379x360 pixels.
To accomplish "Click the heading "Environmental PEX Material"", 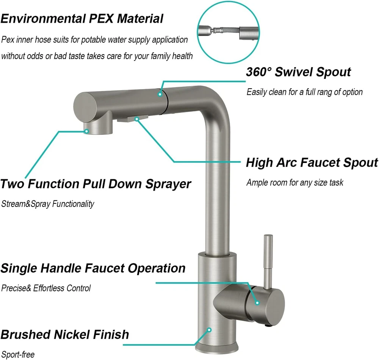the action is (82, 19).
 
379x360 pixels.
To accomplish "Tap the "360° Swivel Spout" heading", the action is (298, 72).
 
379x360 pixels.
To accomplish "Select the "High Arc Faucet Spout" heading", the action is (312, 162).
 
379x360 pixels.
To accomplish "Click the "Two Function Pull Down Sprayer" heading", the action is (96, 184).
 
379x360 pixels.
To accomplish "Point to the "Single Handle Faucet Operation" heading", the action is (93, 268).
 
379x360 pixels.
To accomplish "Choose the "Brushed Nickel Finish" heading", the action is (65, 335).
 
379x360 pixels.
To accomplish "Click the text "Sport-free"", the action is (18, 354).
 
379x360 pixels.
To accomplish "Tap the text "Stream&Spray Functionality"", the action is (48, 204).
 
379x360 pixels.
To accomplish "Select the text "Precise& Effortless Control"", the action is (46, 288).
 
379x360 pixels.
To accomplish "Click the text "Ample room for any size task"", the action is (294, 182).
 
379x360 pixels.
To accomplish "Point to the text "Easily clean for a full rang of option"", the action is (305, 92).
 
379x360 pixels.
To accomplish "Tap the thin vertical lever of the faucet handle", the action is (268, 261).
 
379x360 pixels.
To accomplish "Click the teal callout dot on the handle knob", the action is (257, 303).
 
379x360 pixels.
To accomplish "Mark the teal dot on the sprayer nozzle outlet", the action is (86, 131).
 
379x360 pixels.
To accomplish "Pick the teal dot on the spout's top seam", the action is (160, 94).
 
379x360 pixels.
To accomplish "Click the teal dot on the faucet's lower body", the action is (209, 330).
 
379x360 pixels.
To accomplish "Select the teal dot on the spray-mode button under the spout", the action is (137, 119).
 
